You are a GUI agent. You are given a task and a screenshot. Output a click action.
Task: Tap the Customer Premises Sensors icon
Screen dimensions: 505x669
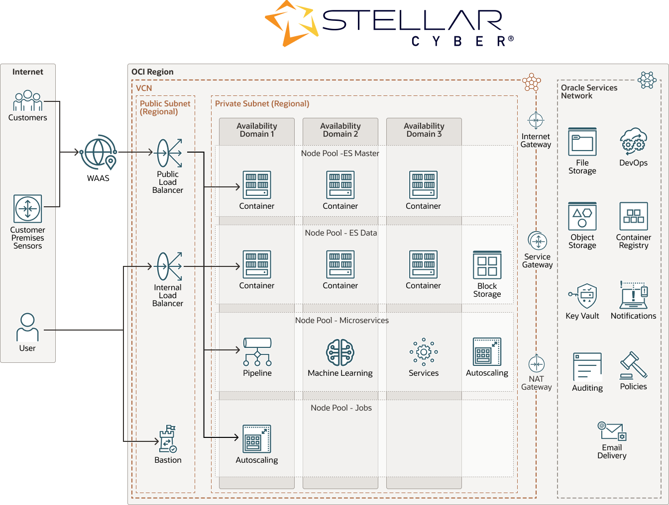[28, 209]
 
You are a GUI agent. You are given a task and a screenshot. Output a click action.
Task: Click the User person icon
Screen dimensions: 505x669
[27, 327]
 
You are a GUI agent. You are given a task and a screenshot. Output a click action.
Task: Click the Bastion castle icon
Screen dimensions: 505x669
[168, 438]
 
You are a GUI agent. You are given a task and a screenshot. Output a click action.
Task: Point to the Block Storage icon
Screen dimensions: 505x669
[487, 265]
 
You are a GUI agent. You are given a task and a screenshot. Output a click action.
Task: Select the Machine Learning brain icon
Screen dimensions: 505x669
[340, 352]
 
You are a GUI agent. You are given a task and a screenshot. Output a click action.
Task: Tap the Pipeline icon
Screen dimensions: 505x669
[257, 351]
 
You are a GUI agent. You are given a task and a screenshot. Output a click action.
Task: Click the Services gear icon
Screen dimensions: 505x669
[424, 352]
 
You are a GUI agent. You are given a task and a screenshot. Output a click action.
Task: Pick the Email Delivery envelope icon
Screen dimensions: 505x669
[612, 431]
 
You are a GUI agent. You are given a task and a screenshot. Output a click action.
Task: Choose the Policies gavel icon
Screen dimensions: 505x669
[633, 366]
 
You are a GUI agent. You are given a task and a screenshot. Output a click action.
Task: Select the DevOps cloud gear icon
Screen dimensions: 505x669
[633, 142]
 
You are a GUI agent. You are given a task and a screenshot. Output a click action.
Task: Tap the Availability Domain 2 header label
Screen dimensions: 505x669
[340, 130]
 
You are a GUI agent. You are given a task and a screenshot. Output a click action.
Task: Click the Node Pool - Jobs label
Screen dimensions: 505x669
[341, 408]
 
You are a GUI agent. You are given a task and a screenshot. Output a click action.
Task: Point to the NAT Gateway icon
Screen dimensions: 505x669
[537, 364]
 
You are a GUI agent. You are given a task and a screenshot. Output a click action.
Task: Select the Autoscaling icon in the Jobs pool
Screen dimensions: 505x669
[257, 439]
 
